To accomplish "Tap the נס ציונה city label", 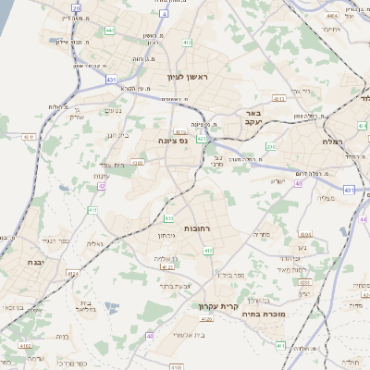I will (x=172, y=141).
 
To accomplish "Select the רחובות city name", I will (x=196, y=228).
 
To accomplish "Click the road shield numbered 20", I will (x=76, y=8).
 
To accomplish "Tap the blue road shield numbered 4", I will (x=164, y=16).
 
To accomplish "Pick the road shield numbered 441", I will (x=110, y=31).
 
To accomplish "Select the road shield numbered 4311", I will (x=29, y=137).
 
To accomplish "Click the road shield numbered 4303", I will (x=139, y=163).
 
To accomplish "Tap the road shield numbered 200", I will (x=271, y=146).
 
